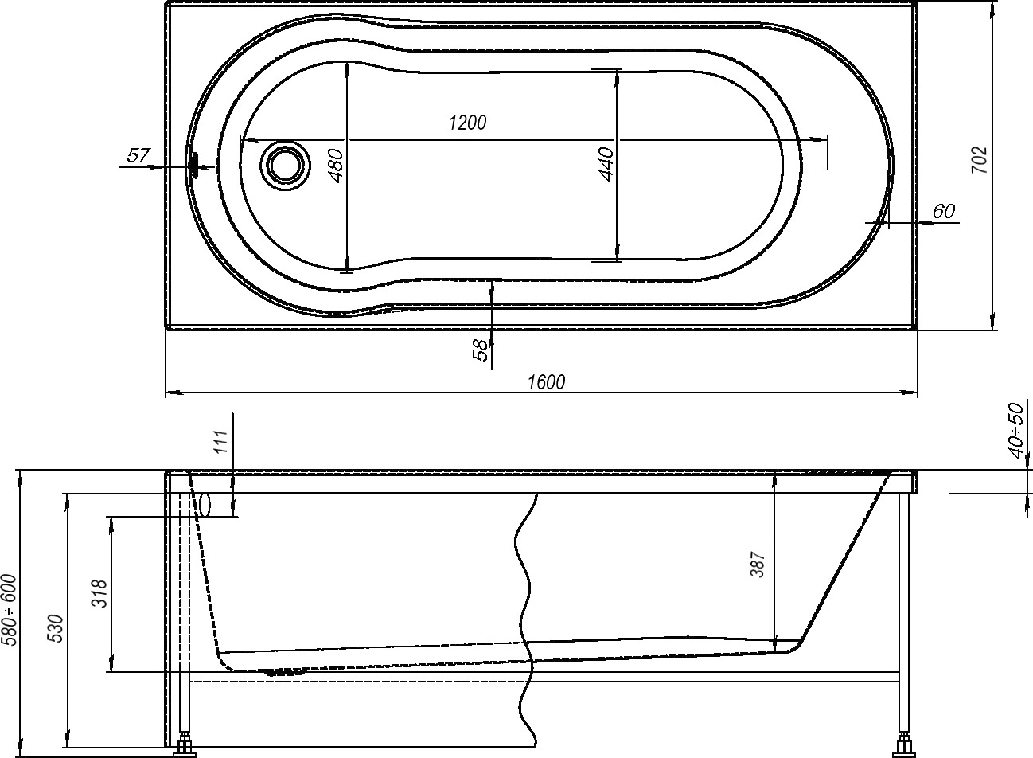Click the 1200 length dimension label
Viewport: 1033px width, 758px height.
point(468,123)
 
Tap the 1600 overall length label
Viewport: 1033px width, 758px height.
point(546,382)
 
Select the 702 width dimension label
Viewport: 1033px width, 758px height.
point(980,159)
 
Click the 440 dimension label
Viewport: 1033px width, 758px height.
point(606,164)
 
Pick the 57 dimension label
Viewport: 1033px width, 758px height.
point(138,155)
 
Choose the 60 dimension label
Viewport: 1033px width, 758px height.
point(944,211)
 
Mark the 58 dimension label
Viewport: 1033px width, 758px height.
point(480,350)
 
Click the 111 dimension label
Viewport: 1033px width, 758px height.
point(222,442)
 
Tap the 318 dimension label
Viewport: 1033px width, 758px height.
point(100,593)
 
